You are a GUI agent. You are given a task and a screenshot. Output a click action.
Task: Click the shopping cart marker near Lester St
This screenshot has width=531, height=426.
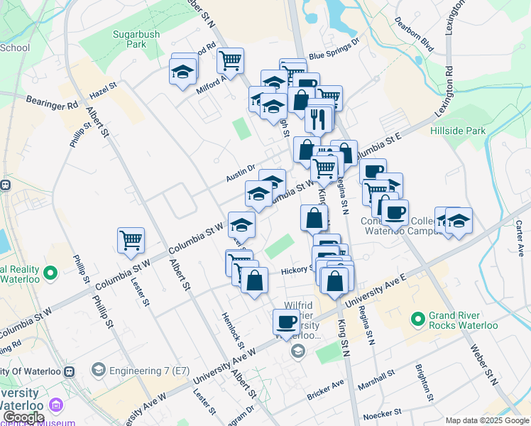(131, 241)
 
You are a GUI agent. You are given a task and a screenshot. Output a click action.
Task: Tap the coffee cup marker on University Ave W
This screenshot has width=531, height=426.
(286, 322)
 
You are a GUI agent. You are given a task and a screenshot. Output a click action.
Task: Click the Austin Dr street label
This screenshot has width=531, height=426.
(240, 171)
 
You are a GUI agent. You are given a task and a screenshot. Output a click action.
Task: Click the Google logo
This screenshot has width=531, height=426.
(23, 418)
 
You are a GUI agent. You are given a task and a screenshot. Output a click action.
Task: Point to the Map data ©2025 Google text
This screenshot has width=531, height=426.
(487, 420)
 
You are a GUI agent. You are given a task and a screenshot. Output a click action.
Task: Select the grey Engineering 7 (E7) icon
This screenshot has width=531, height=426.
(98, 370)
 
